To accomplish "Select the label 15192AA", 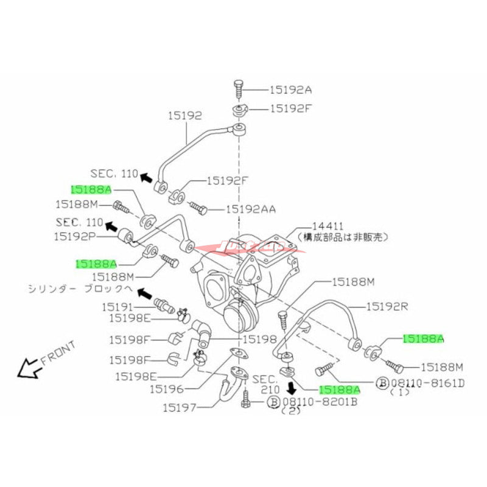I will [x=251, y=209].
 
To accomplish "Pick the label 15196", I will [x=171, y=388].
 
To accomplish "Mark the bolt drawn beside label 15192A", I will [x=238, y=89].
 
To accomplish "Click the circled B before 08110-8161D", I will [x=382, y=383].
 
